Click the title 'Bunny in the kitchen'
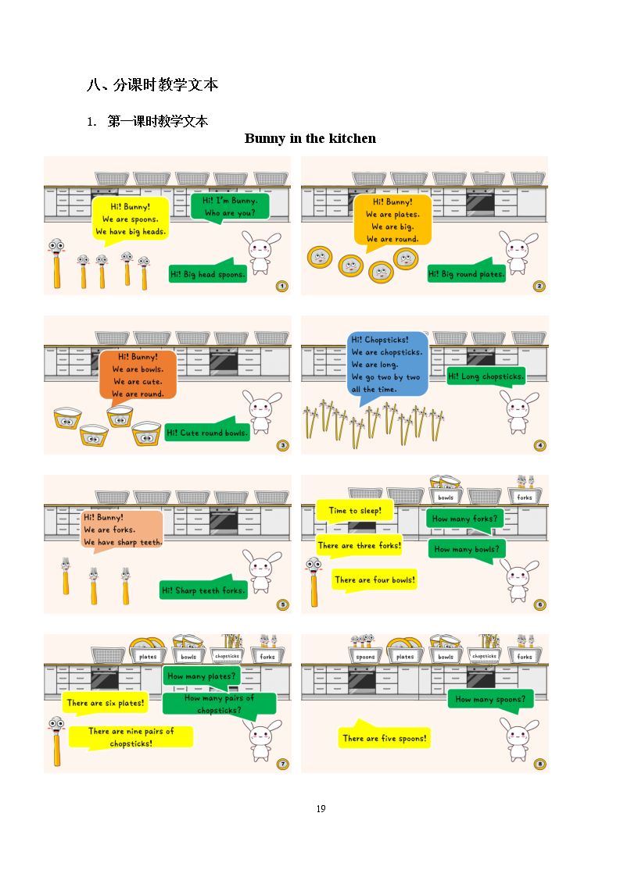pos(310,139)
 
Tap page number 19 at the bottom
pos(321,809)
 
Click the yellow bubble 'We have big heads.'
pos(131,220)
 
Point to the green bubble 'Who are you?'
pos(230,207)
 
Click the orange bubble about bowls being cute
pos(138,374)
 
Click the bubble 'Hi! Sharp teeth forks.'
pos(203,588)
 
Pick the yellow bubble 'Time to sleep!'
pos(354,512)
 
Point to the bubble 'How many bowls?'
pos(467,550)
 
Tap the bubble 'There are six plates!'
pos(106,703)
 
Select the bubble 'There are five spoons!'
pos(384,736)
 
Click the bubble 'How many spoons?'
pos(491,701)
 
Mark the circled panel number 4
pos(540,445)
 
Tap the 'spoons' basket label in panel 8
pos(365,657)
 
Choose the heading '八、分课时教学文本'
pos(152,85)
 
